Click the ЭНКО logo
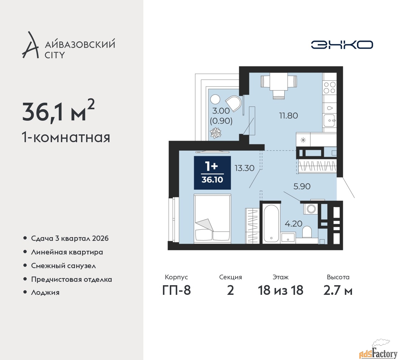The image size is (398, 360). coord(342,45)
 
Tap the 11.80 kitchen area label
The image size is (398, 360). coord(289,115)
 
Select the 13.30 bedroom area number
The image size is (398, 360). coord(244,168)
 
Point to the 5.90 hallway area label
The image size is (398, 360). coord(302,186)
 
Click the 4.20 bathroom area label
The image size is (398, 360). coord(294,223)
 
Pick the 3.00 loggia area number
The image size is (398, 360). coord(221,111)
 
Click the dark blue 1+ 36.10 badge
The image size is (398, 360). coord(212,173)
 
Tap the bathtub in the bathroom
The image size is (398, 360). coord(271,224)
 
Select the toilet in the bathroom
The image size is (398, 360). coord(307,232)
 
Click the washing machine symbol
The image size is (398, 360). coord(311,209)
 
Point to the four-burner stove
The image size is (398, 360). coord(329,88)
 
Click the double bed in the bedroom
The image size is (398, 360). coord(212,218)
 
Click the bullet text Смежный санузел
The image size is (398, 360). coord(63,266)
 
